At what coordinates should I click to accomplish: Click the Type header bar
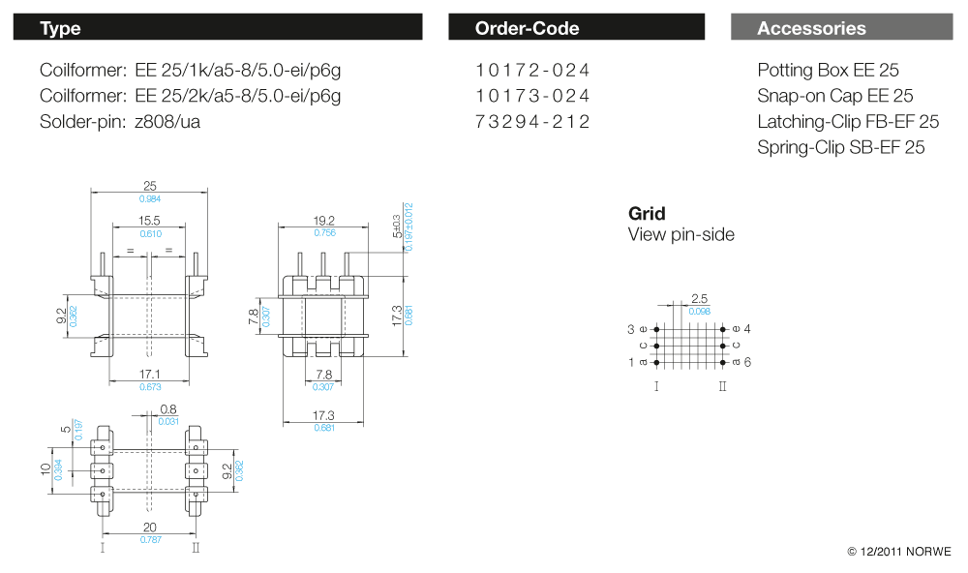pos(217,28)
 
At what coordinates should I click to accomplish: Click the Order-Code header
pos(576,28)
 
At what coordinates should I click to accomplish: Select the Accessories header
pos(840,28)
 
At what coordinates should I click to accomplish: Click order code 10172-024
pos(532,71)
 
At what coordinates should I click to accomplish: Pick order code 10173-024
pos(532,96)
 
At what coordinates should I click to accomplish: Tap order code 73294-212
pos(532,122)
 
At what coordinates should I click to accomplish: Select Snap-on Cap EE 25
pos(835,96)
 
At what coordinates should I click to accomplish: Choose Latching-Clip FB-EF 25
pos(848,122)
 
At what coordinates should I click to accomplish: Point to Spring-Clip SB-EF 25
pos(840,147)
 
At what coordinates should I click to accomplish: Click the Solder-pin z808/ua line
pos(120,122)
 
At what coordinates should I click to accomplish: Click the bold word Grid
pos(647,214)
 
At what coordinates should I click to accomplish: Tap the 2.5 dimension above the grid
pos(700,299)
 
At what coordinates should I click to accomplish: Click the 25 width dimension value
pos(150,186)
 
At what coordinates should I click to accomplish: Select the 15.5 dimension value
pos(149,221)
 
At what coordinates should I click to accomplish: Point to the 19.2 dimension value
pos(324,221)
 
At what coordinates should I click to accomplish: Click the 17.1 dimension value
pos(150,374)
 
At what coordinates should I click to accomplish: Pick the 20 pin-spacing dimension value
pos(150,527)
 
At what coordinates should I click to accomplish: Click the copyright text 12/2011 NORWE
pos(899,552)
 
